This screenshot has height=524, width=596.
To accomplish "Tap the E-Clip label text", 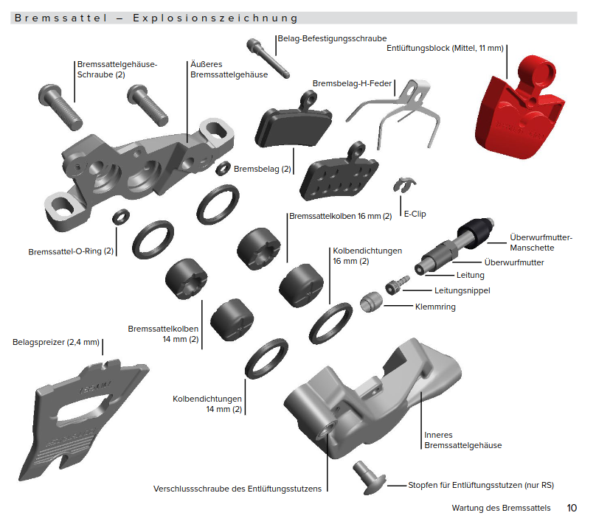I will pyautogui.click(x=415, y=214).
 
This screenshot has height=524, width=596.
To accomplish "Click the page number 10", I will pyautogui.click(x=572, y=508).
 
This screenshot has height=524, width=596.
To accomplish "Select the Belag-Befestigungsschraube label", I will pyautogui.click(x=332, y=38).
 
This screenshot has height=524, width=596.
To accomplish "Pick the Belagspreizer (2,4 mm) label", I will pyautogui.click(x=56, y=343).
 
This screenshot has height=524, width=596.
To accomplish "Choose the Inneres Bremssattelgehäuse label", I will pyautogui.click(x=462, y=439).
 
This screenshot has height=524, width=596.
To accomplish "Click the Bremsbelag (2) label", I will pyautogui.click(x=263, y=169).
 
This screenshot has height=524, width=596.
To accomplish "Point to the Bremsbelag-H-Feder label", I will pyautogui.click(x=352, y=83).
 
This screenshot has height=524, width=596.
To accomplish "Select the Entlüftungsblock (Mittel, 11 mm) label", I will pyautogui.click(x=445, y=49).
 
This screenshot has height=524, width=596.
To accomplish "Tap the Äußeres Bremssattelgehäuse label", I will pyautogui.click(x=218, y=69).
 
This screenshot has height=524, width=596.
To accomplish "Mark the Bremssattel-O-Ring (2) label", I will pyautogui.click(x=71, y=251).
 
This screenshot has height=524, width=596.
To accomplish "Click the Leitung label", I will pyautogui.click(x=470, y=275).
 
